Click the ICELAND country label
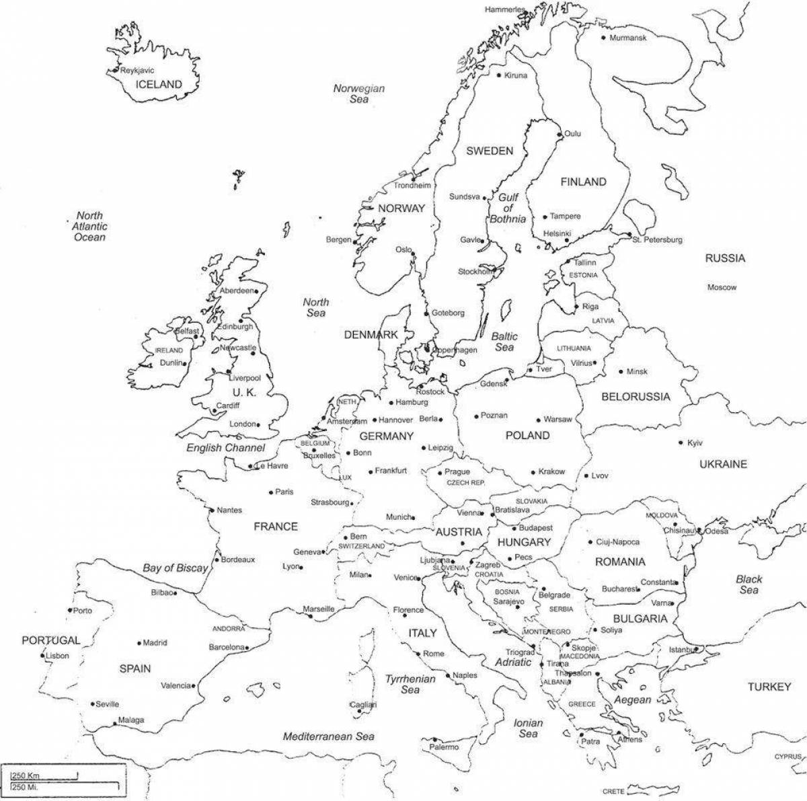[159, 85]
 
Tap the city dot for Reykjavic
[116, 71]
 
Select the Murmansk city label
[627, 38]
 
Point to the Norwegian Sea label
[359, 93]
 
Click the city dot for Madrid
[139, 643]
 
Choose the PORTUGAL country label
[50, 640]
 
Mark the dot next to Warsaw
[538, 419]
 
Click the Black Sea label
[748, 584]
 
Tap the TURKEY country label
[769, 687]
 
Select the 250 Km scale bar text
[22, 776]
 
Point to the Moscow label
[722, 288]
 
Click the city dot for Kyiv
[681, 443]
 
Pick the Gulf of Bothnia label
[508, 208]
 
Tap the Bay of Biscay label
[175, 568]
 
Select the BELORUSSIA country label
[636, 397]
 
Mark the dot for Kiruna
[499, 75]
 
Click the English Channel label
[225, 448]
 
